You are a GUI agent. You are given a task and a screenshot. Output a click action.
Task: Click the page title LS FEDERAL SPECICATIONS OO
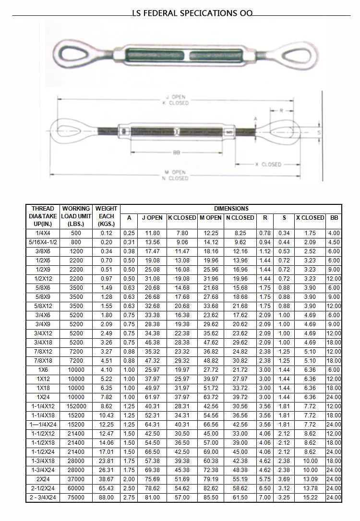(x=192, y=13)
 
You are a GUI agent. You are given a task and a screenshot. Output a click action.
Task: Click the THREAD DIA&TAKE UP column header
(x=43, y=216)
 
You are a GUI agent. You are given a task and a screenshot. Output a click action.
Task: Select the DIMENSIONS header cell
(x=231, y=209)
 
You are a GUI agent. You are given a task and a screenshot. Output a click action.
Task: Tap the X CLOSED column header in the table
(x=310, y=218)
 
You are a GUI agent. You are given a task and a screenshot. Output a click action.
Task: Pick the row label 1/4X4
(x=43, y=233)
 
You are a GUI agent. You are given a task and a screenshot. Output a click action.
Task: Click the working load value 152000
(x=76, y=406)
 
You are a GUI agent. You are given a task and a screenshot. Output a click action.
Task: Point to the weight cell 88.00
(x=106, y=497)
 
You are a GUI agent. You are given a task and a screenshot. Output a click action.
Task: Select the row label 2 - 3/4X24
(x=43, y=497)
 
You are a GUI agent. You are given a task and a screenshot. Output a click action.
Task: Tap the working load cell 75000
(x=76, y=497)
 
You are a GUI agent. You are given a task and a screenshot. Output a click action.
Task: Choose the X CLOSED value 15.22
(x=310, y=497)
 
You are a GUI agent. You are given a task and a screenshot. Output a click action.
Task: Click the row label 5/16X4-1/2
(x=43, y=242)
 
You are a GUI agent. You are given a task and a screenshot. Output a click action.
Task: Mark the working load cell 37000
(x=76, y=479)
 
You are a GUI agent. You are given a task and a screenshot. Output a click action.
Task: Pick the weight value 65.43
(x=106, y=488)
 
